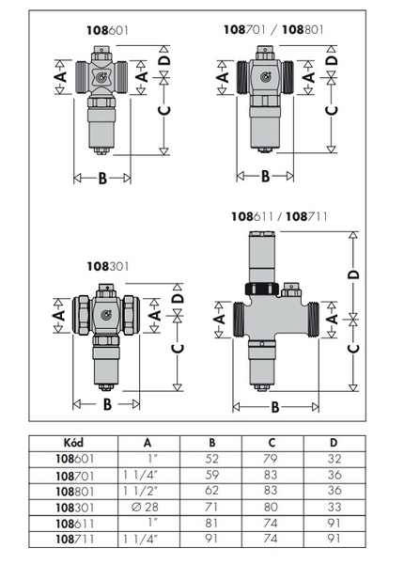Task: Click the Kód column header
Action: (x=73, y=443)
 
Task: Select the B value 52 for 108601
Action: (x=212, y=459)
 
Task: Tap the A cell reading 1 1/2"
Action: (x=141, y=491)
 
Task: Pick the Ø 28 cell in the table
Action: (x=145, y=508)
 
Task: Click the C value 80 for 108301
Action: (x=271, y=508)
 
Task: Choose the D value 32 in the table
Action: (x=334, y=459)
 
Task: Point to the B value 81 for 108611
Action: (x=211, y=523)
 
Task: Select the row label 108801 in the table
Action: (x=75, y=492)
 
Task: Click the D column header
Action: (x=334, y=443)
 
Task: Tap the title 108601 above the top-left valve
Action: (x=107, y=31)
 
